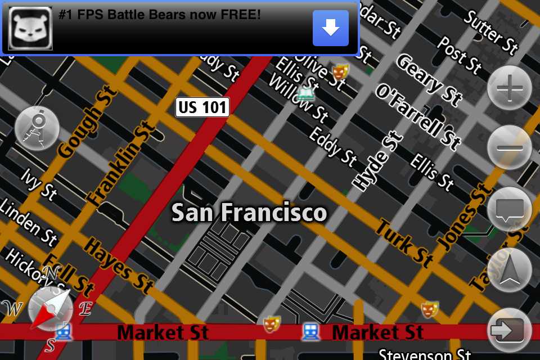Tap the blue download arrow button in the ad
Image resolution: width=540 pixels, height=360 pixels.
click(330, 28)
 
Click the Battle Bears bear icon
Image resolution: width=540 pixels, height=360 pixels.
click(30, 28)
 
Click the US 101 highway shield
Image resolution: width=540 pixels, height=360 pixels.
click(202, 107)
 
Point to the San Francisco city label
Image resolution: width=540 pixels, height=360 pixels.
click(249, 213)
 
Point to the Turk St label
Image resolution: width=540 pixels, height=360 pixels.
click(403, 243)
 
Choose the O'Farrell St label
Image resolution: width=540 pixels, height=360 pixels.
click(417, 116)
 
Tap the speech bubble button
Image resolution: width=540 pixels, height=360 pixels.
click(510, 209)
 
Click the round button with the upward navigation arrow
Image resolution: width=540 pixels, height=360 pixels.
click(510, 271)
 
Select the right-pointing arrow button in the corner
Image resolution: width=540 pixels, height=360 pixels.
click(510, 330)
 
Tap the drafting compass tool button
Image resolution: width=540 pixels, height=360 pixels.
click(37, 128)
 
